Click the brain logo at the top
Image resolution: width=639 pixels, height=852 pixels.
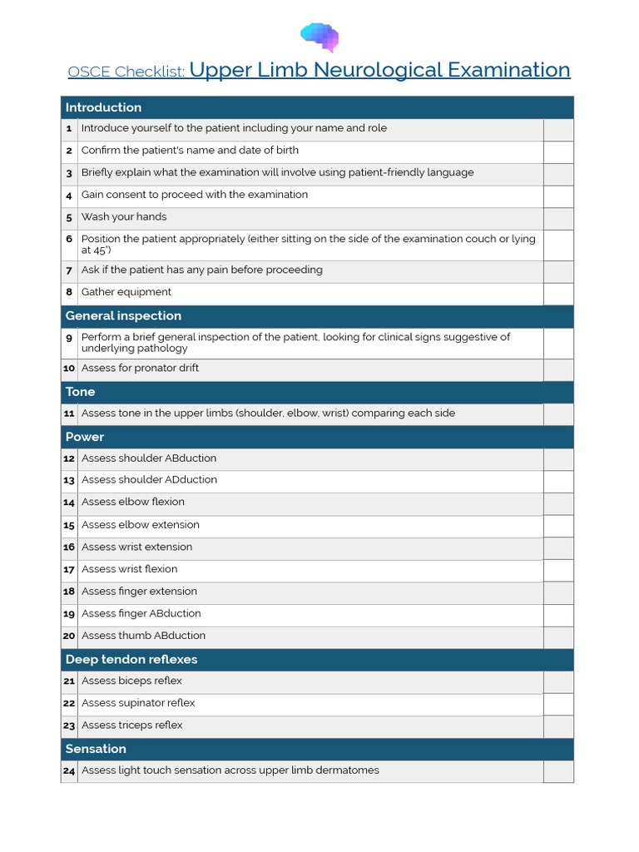[319, 36]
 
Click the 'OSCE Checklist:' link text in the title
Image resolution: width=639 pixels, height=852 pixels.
[126, 72]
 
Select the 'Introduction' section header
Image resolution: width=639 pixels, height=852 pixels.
[104, 107]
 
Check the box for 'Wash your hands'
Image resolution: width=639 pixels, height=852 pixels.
[558, 218]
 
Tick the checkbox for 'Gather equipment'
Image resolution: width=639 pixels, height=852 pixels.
[558, 293]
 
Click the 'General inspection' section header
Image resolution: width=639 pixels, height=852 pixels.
[123, 316]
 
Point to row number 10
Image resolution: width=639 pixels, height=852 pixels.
[69, 369]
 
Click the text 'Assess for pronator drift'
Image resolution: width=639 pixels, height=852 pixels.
[140, 369]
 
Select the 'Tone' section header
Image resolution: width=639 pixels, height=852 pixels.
[81, 392]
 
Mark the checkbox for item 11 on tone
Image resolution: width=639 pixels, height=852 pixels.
[558, 414]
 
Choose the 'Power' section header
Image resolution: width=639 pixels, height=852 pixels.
[85, 437]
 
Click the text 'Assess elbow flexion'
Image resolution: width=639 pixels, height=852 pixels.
[133, 503]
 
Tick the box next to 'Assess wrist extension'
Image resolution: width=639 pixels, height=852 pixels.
[558, 547]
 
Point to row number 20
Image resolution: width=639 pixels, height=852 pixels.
[69, 637]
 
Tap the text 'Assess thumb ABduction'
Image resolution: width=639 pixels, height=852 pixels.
[143, 636]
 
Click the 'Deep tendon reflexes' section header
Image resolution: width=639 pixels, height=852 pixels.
[131, 660]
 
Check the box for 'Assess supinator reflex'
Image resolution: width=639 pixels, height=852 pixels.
[558, 704]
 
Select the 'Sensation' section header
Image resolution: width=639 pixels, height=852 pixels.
[96, 749]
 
